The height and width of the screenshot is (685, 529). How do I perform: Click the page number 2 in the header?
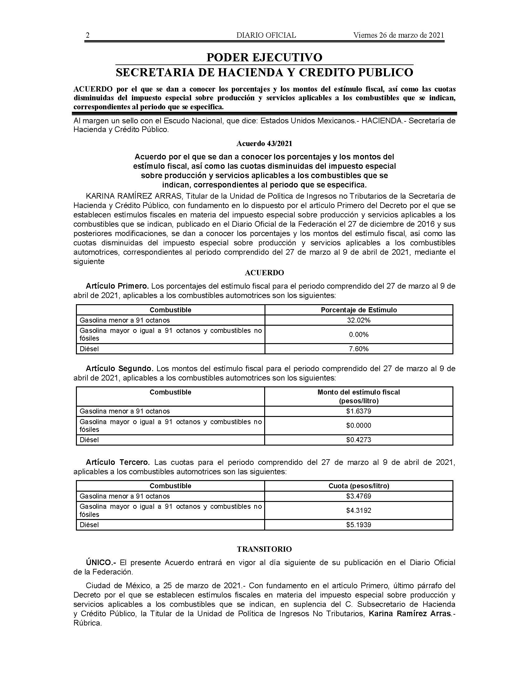click(x=88, y=35)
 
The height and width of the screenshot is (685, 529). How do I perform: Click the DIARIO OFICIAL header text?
click(x=266, y=35)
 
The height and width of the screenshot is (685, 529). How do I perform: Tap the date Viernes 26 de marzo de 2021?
click(x=399, y=35)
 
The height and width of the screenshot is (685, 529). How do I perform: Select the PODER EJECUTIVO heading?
click(x=264, y=57)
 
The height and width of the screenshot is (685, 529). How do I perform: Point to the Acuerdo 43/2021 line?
click(x=264, y=144)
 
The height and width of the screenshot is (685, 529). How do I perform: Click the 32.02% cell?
click(x=358, y=320)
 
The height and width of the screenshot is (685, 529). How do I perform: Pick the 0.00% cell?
click(x=358, y=335)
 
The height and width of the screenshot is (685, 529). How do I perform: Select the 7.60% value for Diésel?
click(x=358, y=349)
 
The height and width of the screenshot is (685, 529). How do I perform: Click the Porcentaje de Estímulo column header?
click(x=358, y=310)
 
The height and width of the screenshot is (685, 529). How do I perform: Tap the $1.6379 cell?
click(x=358, y=411)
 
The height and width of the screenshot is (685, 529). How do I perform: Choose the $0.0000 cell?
click(x=358, y=426)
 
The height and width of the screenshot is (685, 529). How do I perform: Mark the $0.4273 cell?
click(x=358, y=440)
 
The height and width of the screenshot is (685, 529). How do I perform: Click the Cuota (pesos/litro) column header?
click(x=358, y=486)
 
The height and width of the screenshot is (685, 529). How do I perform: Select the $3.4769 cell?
click(x=358, y=496)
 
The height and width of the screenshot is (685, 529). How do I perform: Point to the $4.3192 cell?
click(x=358, y=511)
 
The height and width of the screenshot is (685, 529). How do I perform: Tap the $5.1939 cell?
click(x=358, y=525)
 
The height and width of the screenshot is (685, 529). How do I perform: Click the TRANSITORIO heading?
click(x=264, y=549)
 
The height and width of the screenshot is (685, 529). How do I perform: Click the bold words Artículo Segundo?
click(x=119, y=369)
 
